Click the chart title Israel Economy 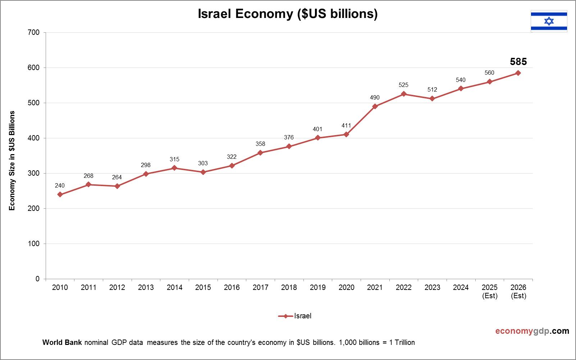[288, 14]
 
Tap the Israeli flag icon [549, 21]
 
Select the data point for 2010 [60, 194]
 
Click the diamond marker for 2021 [375, 106]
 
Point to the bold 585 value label [518, 62]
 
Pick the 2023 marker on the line [432, 99]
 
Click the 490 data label [375, 97]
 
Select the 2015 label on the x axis [203, 287]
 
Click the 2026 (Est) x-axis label [518, 291]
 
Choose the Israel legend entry [295, 316]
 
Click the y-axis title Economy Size [12, 161]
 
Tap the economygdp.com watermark [532, 331]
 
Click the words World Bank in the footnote [62, 342]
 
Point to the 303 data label [203, 163]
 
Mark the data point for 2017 [260, 153]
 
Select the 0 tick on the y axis [37, 279]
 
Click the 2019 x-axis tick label [318, 287]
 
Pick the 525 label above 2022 [403, 85]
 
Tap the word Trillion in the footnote [404, 342]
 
